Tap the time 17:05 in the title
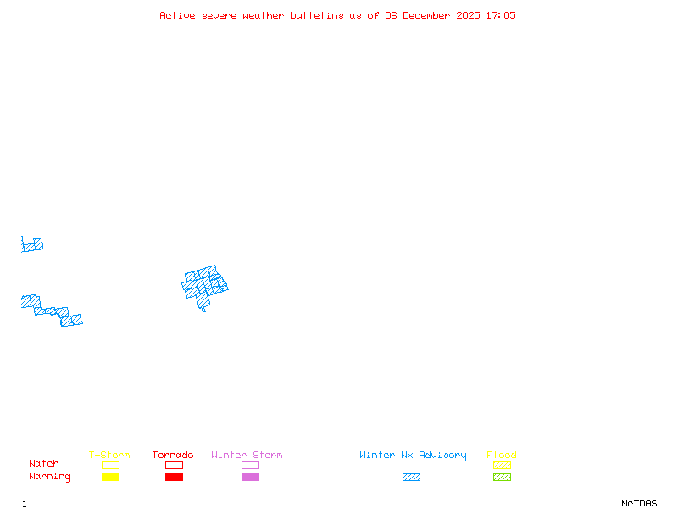(x=501, y=15)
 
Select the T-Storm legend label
(x=109, y=456)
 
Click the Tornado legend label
(x=173, y=456)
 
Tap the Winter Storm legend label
(x=247, y=456)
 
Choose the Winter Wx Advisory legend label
(x=413, y=456)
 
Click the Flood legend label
(x=501, y=456)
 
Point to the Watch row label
(x=44, y=464)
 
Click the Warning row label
(x=50, y=477)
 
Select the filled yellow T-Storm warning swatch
(x=110, y=478)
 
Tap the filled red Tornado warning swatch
(x=174, y=478)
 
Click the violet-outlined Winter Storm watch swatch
(x=250, y=465)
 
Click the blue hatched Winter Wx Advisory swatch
(x=411, y=478)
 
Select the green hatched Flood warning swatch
(x=502, y=478)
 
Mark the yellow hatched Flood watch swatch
(x=502, y=465)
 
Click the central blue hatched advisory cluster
(x=205, y=286)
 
